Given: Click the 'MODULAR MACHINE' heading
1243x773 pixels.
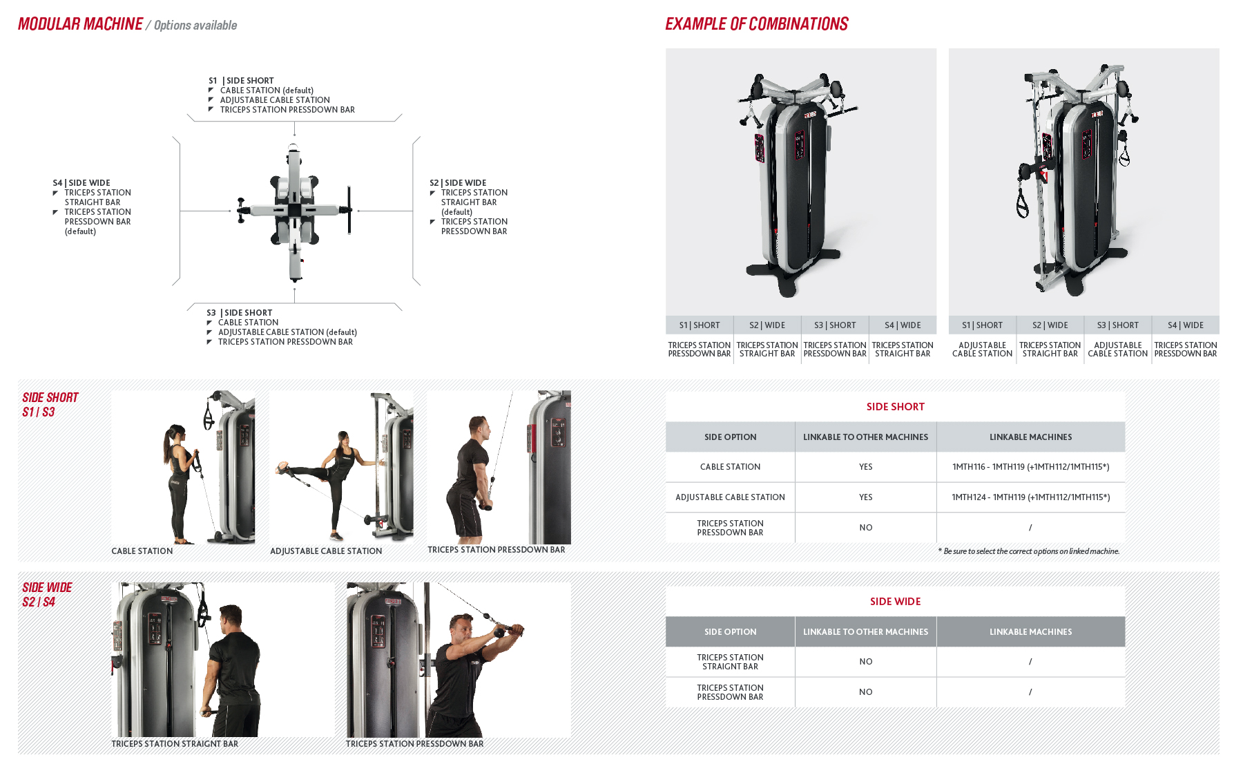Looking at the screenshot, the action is pos(80,24).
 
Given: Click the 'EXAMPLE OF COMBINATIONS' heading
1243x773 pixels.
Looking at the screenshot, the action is pos(756,24).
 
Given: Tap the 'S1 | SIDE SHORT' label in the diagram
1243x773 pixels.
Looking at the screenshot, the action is pos(241,81).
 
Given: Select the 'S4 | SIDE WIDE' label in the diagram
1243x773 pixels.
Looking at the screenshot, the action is pos(81,183).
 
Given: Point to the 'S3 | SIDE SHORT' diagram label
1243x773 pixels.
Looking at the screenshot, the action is pos(239,313).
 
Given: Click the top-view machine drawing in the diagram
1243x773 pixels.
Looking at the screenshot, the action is pos(295,211).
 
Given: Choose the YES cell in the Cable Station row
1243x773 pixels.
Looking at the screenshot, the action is pos(865,467).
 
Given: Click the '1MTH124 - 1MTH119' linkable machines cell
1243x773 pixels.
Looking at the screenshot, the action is pos(1030,497).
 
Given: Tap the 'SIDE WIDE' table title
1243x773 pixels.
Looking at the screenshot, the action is pos(895,602).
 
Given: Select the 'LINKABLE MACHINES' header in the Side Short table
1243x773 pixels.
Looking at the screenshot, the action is pos(1030,437).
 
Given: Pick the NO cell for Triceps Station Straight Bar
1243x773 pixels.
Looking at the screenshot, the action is pos(865,662).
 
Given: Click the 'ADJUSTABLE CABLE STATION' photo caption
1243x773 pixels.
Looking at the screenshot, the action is pos(326,551).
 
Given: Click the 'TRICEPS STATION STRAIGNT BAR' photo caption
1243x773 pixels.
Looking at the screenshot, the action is pos(175,744).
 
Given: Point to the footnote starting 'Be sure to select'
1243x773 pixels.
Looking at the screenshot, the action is pos(1028,551).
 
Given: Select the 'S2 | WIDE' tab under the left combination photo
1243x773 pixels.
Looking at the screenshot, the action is pos(767,325).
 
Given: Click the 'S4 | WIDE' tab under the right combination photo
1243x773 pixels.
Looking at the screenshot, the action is pos(1185,325).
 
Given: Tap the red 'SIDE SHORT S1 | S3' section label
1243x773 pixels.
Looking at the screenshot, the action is pos(50,405).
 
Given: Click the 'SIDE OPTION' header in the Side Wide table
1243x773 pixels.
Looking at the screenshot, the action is pos(730,632).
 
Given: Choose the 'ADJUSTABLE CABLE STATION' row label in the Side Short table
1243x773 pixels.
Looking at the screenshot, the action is pos(730,497).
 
